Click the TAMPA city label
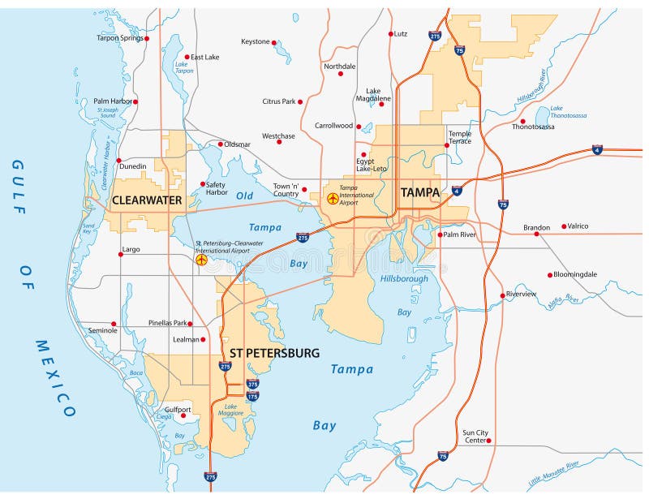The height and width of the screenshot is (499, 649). pos(419,192)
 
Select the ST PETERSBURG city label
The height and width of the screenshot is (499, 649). pos(274,353)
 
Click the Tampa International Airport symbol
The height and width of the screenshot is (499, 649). pos(332,198)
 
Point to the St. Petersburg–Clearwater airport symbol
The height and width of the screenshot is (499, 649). pos(201,260)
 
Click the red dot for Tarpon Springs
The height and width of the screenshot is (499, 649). pos(147,38)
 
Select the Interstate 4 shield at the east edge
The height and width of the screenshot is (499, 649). pos(598,150)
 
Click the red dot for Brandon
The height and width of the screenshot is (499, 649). pos(536,234)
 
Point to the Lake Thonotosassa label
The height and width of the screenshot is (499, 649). pos(568,112)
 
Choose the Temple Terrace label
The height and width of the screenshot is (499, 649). pos(459,136)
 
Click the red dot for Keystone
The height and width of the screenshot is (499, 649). pos(274,42)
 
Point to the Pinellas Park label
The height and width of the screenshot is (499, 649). pos(168,323)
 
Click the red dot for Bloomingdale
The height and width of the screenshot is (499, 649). pos(550,275)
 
